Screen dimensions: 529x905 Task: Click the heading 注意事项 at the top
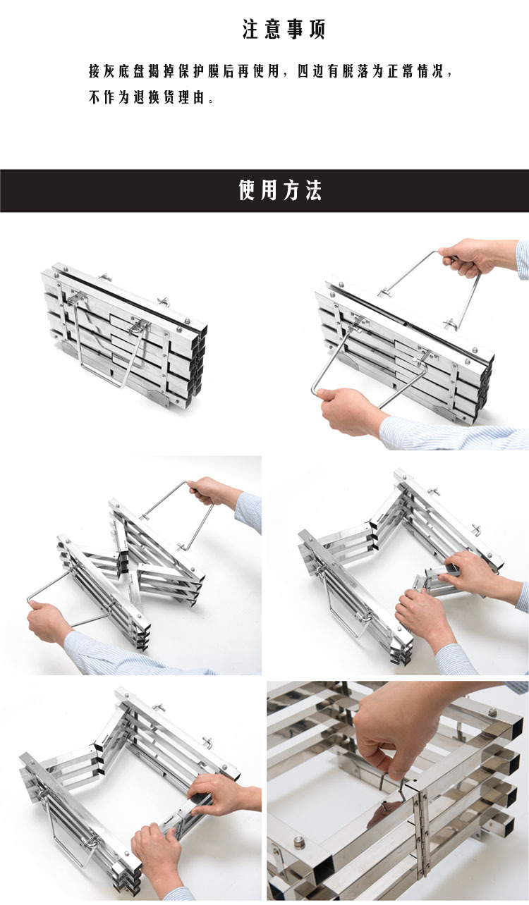[284, 30]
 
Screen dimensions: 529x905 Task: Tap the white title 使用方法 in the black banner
[280, 190]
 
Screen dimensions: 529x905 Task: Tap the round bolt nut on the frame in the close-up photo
[299, 842]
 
